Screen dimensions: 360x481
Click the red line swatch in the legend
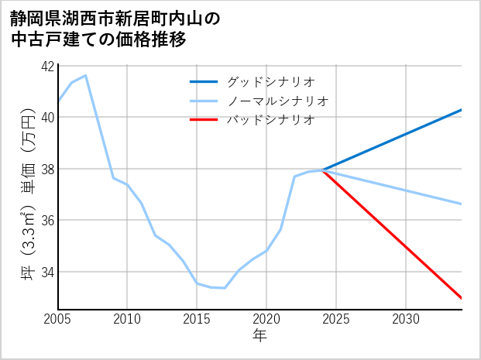coord(204,120)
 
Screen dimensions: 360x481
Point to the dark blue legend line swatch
coord(204,81)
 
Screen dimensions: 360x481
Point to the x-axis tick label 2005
coord(58,319)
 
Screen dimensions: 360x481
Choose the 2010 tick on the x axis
coord(127,319)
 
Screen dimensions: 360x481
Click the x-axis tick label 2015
coord(197,319)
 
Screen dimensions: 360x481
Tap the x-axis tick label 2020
coord(266,319)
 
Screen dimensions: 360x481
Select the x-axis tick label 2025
coord(336,319)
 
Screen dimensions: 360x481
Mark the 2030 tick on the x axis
coord(406,319)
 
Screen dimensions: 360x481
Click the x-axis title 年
coord(260,335)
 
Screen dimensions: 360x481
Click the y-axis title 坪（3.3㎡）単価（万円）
coord(28,187)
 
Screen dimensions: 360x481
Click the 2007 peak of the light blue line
coord(85,75)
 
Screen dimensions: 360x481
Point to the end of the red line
coord(462,298)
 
